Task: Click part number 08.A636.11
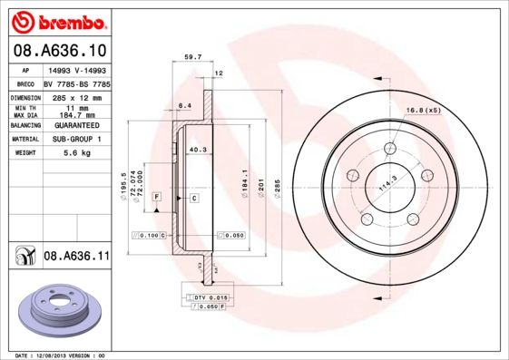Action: pos(76,257)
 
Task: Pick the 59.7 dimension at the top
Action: pos(192,57)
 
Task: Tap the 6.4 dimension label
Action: pos(184,105)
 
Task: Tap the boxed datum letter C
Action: pos(194,197)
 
